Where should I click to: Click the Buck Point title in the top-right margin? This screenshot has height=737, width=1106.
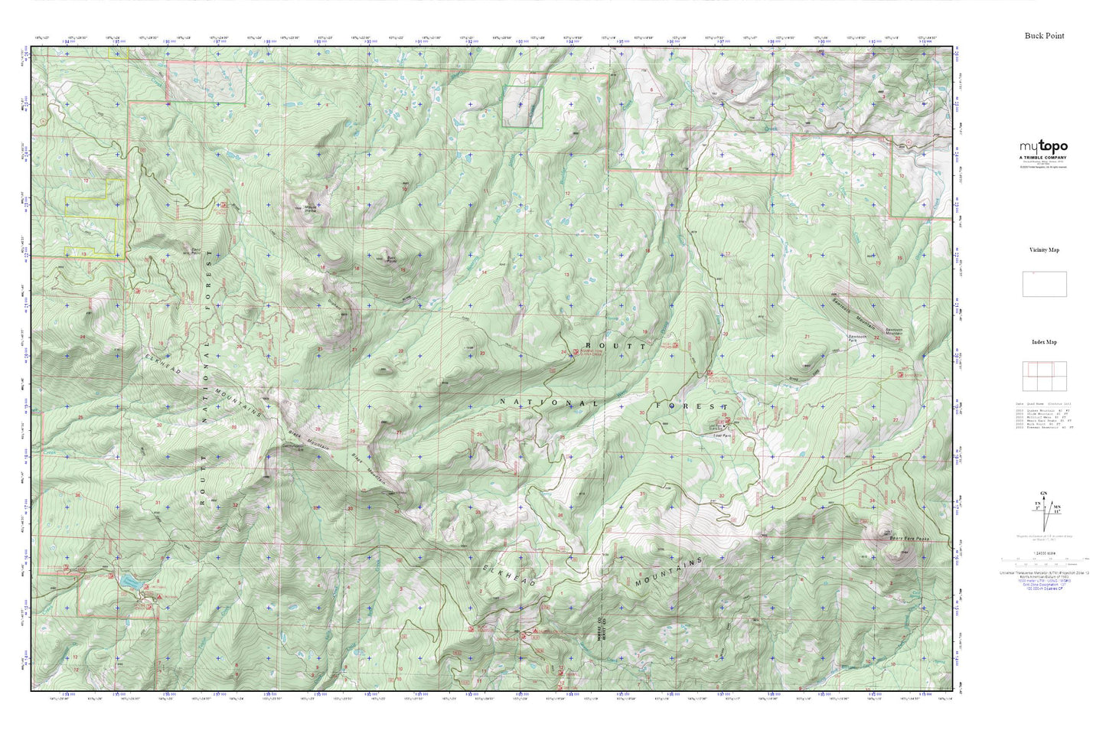tap(1044, 36)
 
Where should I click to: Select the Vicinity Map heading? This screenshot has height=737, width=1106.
tap(1044, 249)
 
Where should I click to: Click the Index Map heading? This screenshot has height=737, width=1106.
tap(1044, 342)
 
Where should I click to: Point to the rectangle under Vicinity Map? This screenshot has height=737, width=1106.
tap(1044, 284)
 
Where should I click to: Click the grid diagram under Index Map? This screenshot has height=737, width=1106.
tap(1044, 376)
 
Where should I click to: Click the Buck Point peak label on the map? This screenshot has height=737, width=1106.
tap(390, 259)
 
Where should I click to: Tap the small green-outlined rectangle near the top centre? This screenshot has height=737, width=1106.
tap(522, 106)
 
